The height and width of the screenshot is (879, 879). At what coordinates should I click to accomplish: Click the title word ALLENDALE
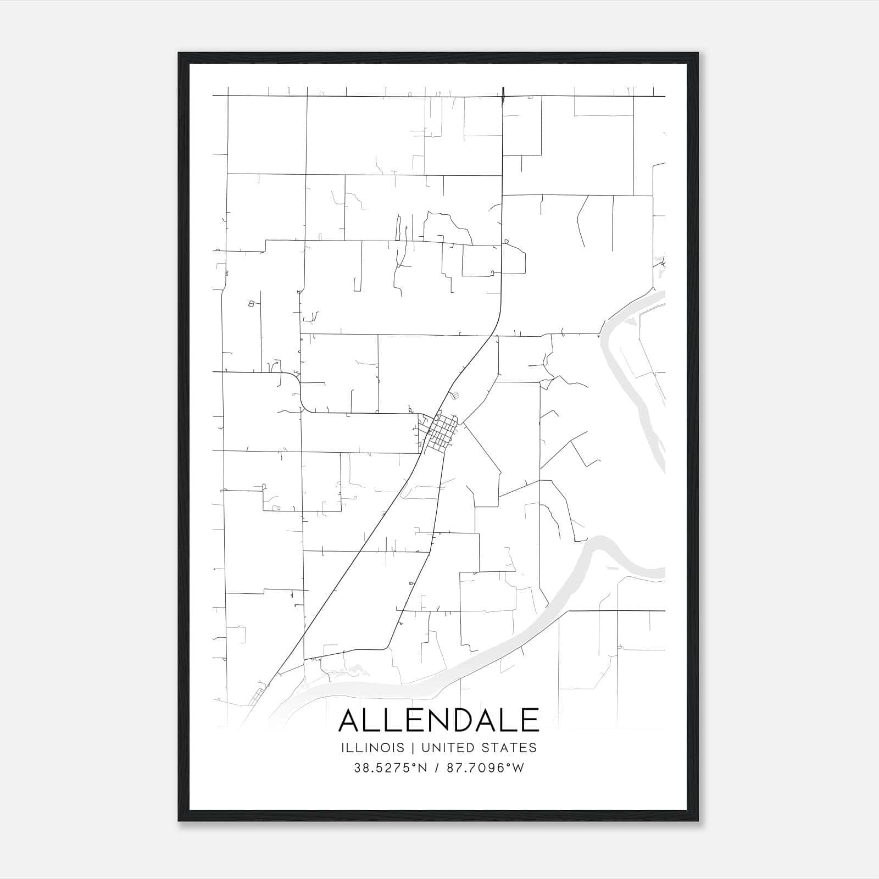click(439, 720)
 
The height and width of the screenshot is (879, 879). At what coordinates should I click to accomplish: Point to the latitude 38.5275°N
click(391, 768)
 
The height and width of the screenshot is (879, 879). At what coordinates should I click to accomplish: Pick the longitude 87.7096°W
click(485, 768)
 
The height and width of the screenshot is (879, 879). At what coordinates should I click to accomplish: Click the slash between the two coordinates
click(437, 768)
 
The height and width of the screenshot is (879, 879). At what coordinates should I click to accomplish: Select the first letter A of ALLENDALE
click(351, 720)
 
